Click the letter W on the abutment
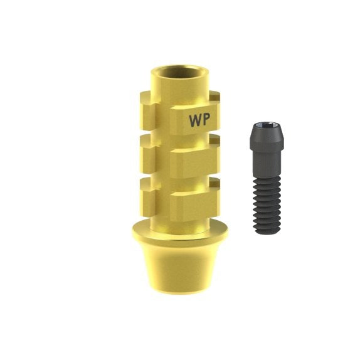196,120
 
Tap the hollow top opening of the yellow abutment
179,71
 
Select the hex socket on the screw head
267,125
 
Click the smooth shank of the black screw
267,164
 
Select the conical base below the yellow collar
180,268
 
